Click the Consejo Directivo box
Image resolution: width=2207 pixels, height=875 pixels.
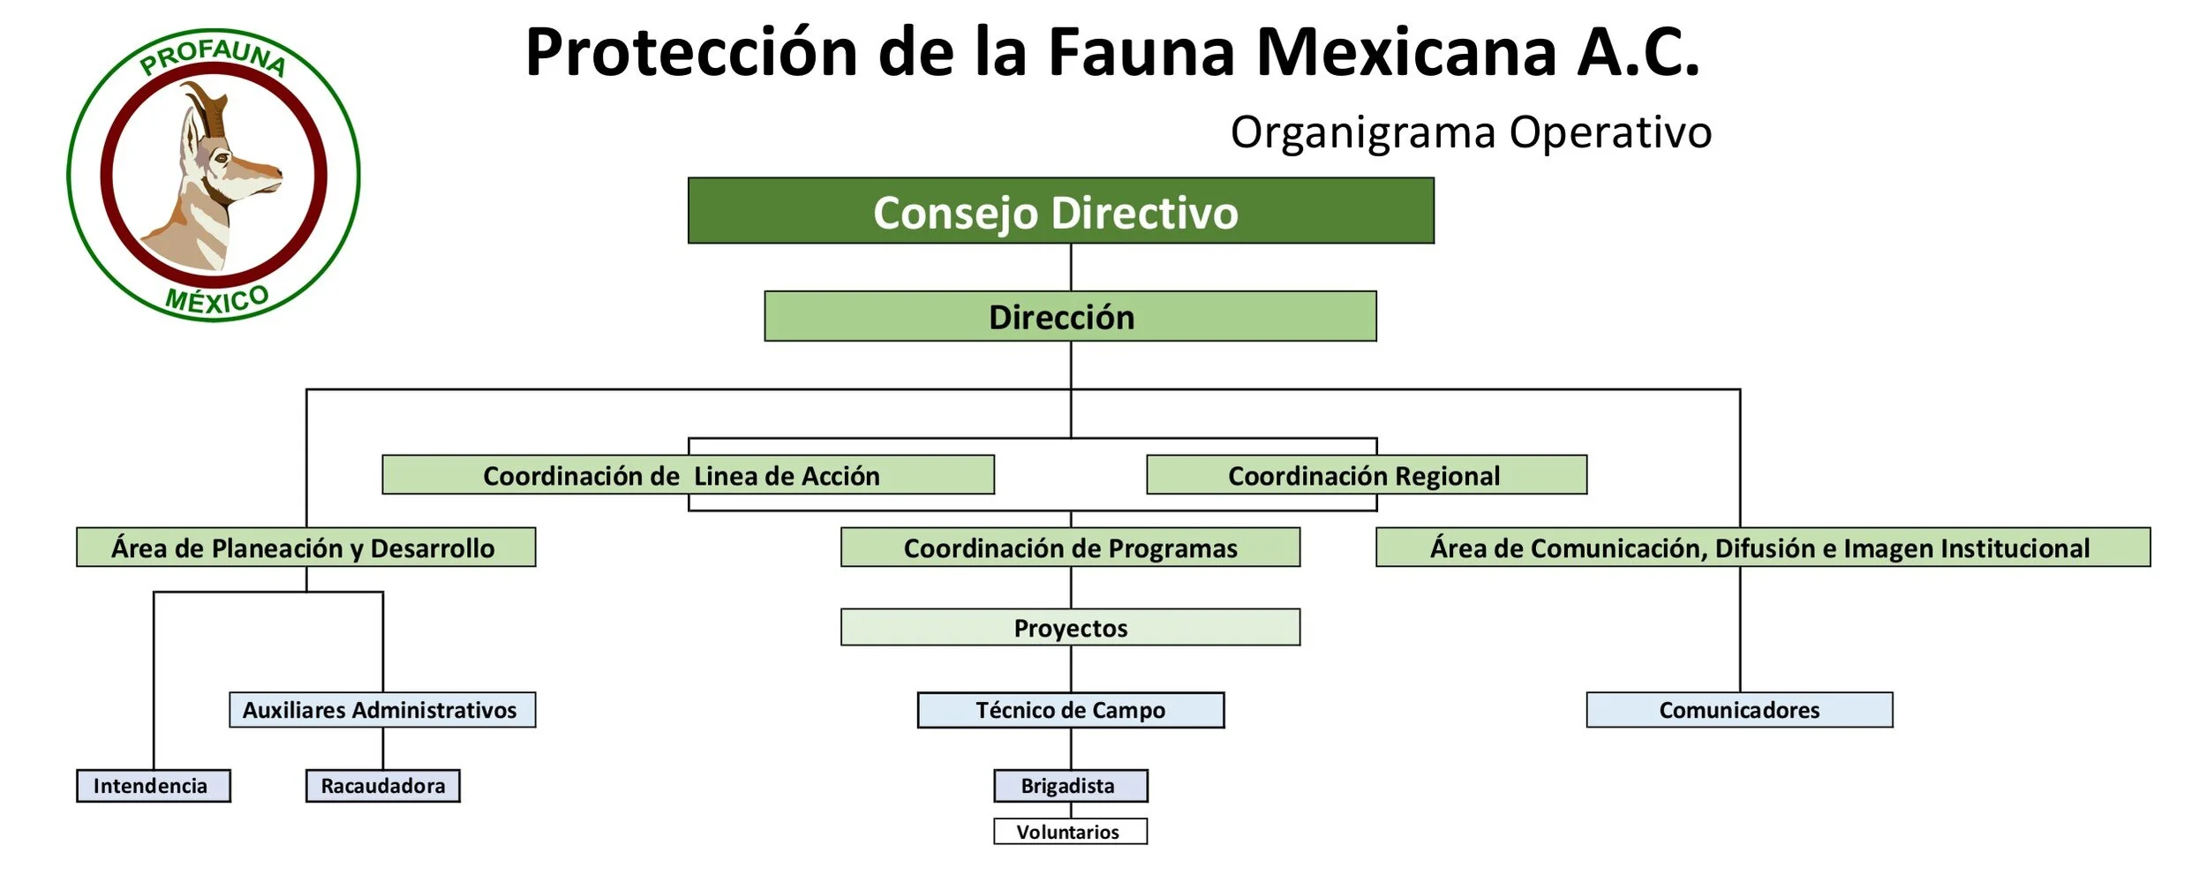[1060, 211]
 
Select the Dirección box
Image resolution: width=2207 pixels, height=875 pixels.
[1069, 316]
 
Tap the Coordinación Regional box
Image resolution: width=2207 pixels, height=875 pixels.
[1366, 475]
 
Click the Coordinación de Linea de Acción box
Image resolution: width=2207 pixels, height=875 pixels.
[688, 475]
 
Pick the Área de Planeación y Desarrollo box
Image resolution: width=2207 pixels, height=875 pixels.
[305, 547]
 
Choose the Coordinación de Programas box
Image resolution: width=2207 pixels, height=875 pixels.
[1070, 547]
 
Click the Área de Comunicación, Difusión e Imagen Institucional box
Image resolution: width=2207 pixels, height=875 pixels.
[1762, 547]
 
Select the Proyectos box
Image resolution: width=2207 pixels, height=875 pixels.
[1070, 627]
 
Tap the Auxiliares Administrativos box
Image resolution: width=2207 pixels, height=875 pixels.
[381, 710]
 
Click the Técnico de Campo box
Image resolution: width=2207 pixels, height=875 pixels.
[1070, 710]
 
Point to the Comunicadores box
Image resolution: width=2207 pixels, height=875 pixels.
[1738, 710]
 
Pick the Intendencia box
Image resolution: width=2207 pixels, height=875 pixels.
[153, 786]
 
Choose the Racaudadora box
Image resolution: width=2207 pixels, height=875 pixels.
[382, 786]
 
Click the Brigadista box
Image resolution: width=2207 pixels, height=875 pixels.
[1070, 786]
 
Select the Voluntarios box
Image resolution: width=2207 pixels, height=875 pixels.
[1070, 832]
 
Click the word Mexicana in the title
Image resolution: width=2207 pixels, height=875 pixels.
[1405, 53]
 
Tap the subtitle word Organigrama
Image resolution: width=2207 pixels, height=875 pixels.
[1362, 132]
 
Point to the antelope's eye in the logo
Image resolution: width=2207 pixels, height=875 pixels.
[221, 159]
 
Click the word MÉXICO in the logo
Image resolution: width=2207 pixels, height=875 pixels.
[217, 299]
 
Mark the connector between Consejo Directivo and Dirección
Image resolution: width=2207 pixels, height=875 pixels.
[1071, 267]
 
